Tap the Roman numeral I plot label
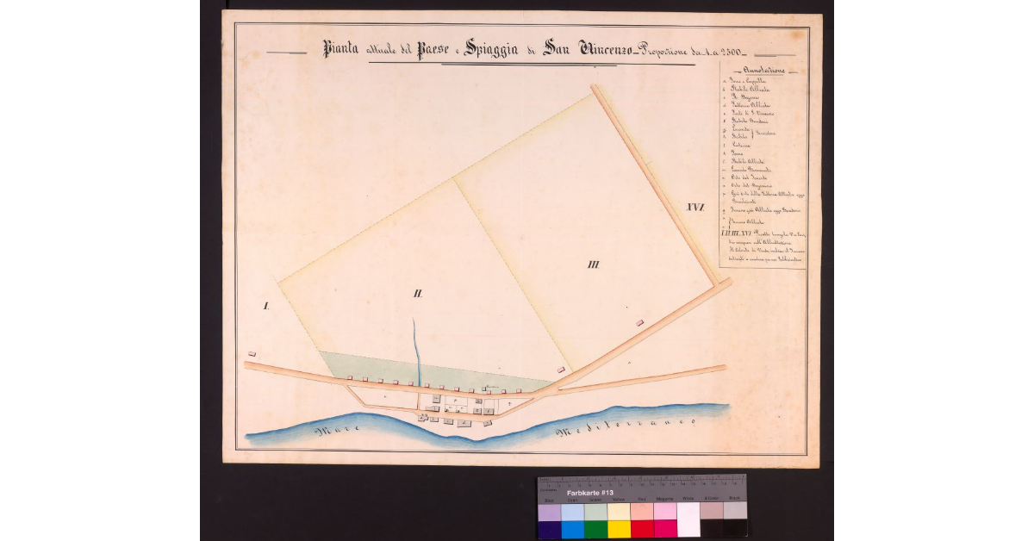pos(266,306)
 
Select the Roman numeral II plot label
pos(417,294)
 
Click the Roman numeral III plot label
pos(592,264)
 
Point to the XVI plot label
pos(695,207)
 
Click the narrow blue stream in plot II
pos(417,349)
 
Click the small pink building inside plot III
pos(638,322)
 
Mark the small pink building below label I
pos(252,353)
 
